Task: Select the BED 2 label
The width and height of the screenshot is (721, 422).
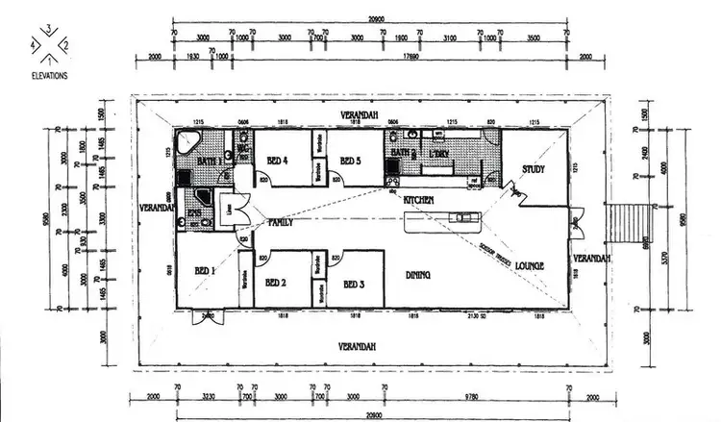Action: click(x=277, y=283)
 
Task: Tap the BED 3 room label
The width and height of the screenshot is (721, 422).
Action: click(x=353, y=285)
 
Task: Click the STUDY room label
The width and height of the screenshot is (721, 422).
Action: click(x=534, y=169)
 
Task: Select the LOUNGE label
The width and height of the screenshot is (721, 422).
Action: click(x=530, y=265)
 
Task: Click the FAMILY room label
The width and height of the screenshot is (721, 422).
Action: click(x=280, y=222)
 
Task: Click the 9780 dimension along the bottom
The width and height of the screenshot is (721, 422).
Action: click(x=475, y=394)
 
